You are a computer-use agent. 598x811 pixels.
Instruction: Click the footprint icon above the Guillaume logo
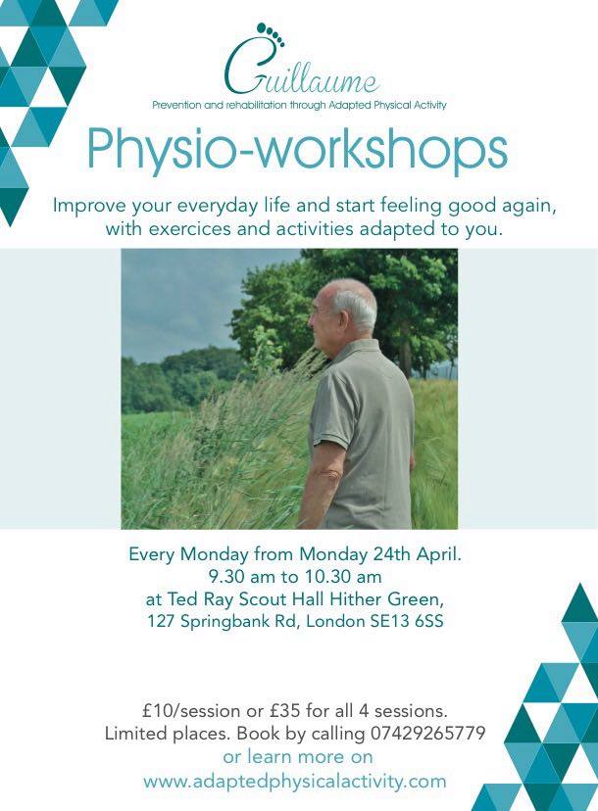[x=271, y=33]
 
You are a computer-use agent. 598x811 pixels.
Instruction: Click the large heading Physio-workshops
[x=298, y=150]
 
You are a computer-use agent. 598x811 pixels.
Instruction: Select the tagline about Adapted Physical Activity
[x=299, y=105]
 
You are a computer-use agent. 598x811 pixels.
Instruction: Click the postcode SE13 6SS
[x=407, y=621]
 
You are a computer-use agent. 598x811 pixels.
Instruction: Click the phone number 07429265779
[x=427, y=733]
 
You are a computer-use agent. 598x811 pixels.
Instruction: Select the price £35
[x=284, y=711]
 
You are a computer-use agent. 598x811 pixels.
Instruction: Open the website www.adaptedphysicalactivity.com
[x=295, y=781]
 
